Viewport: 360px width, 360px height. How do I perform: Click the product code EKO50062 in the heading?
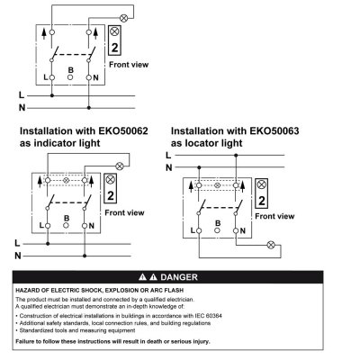coord(123,131)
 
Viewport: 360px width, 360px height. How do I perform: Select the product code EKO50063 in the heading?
coord(274,131)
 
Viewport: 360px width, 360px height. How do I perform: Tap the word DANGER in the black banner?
coord(179,277)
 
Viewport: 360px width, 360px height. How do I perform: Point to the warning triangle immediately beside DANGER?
coord(153,277)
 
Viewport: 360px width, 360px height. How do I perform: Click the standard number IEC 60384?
coord(209,316)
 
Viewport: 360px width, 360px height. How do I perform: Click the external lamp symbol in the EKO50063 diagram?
coord(271,245)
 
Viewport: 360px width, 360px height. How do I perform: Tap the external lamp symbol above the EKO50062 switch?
coord(120,166)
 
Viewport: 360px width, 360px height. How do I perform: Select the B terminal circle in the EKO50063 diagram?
coord(218,230)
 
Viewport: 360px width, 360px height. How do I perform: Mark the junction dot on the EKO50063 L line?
coord(236,156)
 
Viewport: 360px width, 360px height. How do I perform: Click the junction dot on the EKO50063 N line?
coord(199,167)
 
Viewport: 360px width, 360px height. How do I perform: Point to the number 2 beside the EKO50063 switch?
coord(262,201)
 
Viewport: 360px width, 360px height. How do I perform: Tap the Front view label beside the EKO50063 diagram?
coord(274,216)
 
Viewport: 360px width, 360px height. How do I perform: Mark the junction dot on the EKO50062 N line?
coord(85,256)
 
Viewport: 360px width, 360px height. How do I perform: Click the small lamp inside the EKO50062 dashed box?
coord(67,180)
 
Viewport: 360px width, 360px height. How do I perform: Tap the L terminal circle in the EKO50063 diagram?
coord(199,230)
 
